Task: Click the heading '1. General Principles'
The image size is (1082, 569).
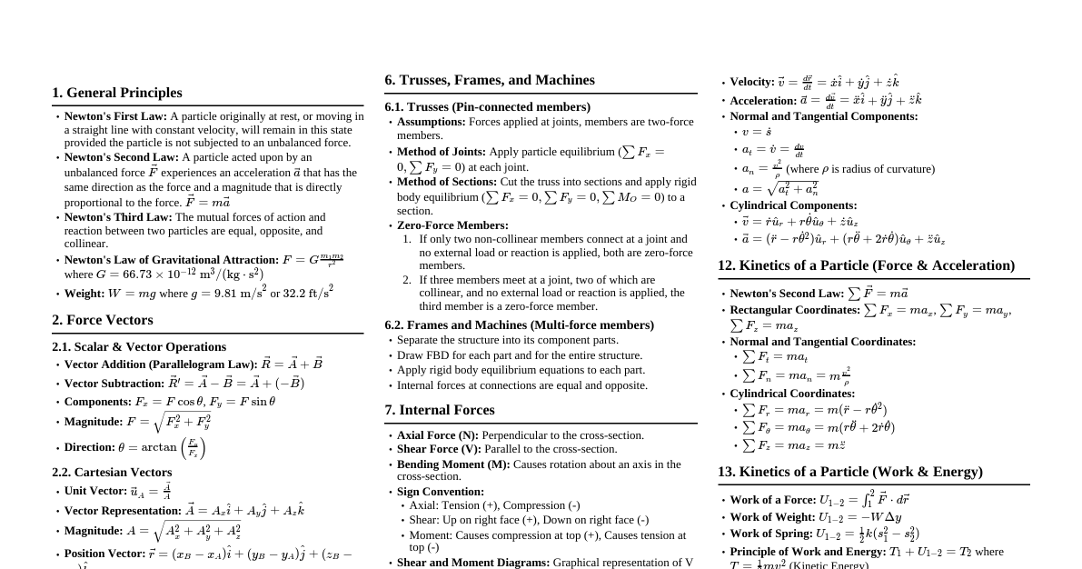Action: pyautogui.click(x=117, y=93)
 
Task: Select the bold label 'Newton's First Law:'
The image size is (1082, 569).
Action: pyautogui.click(x=115, y=116)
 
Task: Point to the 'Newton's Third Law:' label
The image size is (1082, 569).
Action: pyautogui.click(x=118, y=217)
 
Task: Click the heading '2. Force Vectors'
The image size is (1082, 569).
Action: pyautogui.click(x=103, y=320)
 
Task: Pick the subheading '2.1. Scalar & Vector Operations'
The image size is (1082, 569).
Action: pyautogui.click(x=139, y=346)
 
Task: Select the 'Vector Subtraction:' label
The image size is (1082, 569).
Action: pyautogui.click(x=114, y=384)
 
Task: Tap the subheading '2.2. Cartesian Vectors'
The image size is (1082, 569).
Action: pyautogui.click(x=112, y=472)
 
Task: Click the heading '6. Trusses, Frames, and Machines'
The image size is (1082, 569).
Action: pyautogui.click(x=490, y=80)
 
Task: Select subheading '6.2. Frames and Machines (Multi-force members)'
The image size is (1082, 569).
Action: pyautogui.click(x=519, y=324)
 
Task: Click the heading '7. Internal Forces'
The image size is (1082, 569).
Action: pyautogui.click(x=440, y=410)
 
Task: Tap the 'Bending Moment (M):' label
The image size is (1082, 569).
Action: pyautogui.click(x=453, y=464)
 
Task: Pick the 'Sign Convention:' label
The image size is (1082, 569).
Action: pyautogui.click(x=441, y=492)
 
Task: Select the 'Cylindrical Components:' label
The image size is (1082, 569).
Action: pyautogui.click(x=793, y=205)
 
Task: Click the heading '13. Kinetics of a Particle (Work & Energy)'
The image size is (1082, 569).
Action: pyautogui.click(x=850, y=472)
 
